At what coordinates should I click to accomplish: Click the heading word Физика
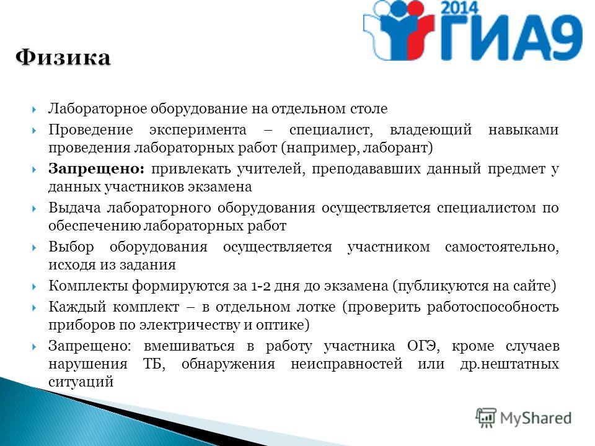(x=63, y=58)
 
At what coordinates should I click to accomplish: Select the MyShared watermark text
(x=535, y=418)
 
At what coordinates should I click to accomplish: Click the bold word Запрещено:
(x=97, y=168)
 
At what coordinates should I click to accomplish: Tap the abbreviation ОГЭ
(x=423, y=346)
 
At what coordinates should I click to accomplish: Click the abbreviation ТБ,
(x=154, y=364)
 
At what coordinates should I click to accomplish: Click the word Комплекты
(x=88, y=286)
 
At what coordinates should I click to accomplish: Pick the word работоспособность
(x=493, y=307)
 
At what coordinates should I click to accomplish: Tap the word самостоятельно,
(x=502, y=247)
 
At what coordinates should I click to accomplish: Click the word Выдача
(x=74, y=208)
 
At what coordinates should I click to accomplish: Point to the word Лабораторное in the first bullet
(x=97, y=109)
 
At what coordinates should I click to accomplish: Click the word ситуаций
(x=81, y=382)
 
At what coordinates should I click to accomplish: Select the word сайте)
(x=535, y=286)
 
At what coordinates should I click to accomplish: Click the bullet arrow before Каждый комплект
(x=33, y=308)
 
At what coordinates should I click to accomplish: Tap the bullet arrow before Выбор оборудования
(x=33, y=248)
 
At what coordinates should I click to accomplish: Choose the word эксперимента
(x=198, y=130)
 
